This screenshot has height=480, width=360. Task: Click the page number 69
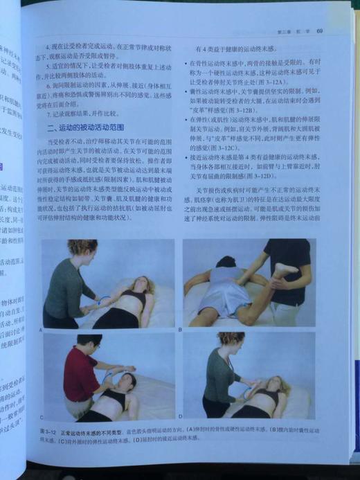tap(320, 31)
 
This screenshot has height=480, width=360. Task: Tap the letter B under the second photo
tap(180, 330)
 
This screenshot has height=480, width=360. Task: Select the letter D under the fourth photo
tap(181, 418)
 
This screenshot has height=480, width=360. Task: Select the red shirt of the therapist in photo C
tap(78, 374)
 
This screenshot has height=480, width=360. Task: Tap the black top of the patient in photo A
tap(133, 300)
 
